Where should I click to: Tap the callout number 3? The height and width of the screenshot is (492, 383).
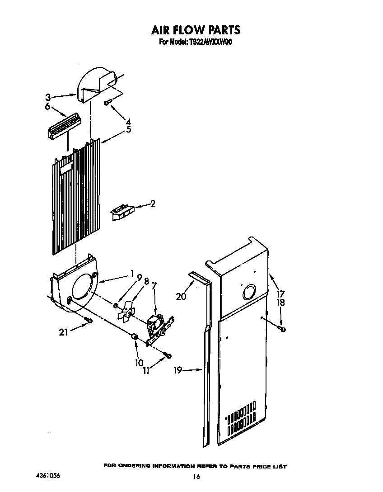(x=48, y=96)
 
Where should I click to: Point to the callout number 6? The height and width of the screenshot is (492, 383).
(x=47, y=107)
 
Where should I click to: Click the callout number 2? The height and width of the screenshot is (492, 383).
(x=153, y=204)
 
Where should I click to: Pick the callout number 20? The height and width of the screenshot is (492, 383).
(x=181, y=296)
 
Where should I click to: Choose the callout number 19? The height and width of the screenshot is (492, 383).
(x=177, y=370)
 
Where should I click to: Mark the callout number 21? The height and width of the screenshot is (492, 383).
(x=64, y=332)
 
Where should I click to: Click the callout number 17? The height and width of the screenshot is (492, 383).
(x=280, y=293)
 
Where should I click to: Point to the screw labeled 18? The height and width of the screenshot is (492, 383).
(x=282, y=329)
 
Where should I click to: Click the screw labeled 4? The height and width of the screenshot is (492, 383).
(x=107, y=103)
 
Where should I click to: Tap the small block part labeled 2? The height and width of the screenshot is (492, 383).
(x=121, y=212)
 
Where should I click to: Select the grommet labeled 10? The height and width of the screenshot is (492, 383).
(x=134, y=337)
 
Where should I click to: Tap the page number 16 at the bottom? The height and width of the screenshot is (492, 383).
(x=196, y=476)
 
